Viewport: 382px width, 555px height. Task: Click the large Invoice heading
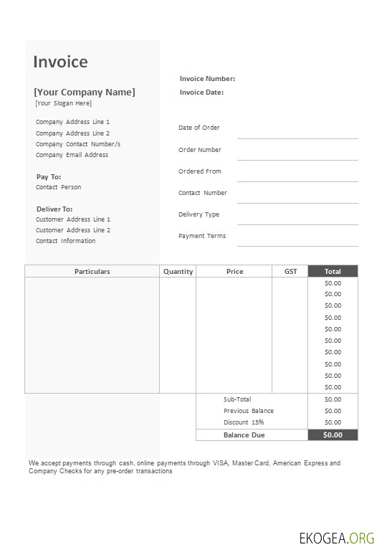point(60,62)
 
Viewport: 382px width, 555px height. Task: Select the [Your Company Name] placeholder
point(84,92)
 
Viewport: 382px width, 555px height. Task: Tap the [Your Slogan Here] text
point(64,103)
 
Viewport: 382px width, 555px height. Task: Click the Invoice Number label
point(207,79)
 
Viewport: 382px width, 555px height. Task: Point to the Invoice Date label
point(201,92)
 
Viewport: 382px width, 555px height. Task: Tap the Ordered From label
point(200,171)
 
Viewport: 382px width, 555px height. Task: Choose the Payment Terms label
point(202,236)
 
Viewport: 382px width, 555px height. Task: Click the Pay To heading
point(49,176)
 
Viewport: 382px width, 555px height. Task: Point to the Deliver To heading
point(54,209)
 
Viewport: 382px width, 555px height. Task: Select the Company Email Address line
point(72,155)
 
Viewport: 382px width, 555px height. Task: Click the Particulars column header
point(92,272)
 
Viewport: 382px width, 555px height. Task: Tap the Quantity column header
point(178,272)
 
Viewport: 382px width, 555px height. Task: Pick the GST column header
point(290,272)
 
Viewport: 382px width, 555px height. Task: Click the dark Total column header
point(333,272)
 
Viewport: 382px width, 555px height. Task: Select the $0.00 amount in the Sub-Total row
point(333,399)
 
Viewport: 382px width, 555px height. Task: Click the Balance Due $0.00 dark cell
point(333,435)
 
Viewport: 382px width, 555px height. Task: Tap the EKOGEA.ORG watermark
point(337,537)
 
